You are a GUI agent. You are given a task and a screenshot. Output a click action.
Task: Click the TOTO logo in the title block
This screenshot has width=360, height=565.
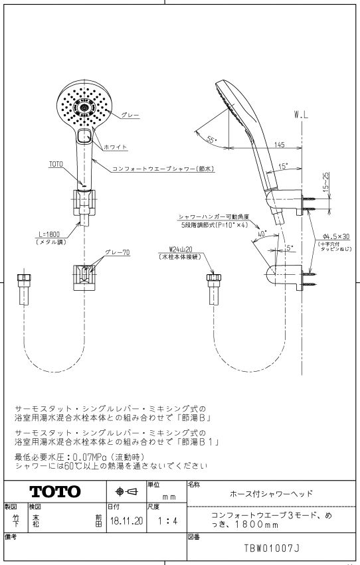(55, 491)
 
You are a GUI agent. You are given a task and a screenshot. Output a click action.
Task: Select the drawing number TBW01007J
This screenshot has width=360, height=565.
(272, 548)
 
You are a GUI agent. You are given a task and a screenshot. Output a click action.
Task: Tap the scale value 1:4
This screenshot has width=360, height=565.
(167, 521)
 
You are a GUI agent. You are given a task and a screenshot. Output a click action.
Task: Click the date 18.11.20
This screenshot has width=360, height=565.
(126, 521)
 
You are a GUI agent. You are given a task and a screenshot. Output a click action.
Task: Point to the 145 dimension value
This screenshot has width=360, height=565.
(279, 145)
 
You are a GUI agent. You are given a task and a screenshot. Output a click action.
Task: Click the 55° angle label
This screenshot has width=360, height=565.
(213, 139)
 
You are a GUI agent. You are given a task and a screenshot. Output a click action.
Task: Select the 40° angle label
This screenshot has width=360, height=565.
(262, 234)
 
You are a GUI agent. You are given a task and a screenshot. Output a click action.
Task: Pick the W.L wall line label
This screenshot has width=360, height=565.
(302, 116)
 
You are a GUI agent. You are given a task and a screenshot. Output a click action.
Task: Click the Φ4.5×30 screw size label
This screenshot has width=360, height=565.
(336, 237)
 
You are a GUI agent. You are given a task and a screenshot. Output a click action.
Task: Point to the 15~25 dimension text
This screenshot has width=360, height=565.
(326, 181)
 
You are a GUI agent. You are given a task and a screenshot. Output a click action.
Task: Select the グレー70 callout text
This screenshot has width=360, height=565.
(117, 252)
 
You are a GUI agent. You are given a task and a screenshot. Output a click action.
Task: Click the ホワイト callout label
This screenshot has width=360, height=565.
(116, 147)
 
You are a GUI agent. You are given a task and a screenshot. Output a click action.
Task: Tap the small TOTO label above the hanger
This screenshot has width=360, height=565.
(56, 165)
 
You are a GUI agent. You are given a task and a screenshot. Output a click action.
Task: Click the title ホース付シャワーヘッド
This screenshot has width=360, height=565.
(271, 494)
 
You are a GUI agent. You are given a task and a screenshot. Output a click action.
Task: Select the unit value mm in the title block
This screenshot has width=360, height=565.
(169, 498)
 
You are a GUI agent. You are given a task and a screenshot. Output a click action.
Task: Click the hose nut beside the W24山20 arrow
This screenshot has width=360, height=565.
(214, 278)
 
